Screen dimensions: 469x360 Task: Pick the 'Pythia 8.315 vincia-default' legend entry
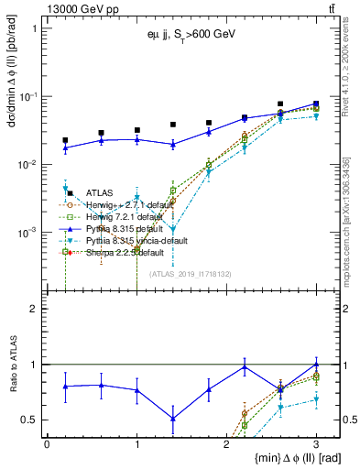pos(136,240)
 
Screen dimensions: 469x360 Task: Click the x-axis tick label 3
pos(316,442)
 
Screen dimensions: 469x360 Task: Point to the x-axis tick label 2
pos(226,442)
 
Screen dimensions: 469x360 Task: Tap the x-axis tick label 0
pos(47,442)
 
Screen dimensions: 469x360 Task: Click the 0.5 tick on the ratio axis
pos(35,420)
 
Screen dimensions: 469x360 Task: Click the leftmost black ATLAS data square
pos(65,140)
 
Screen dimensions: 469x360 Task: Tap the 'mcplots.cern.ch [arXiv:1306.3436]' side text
pos(350,229)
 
